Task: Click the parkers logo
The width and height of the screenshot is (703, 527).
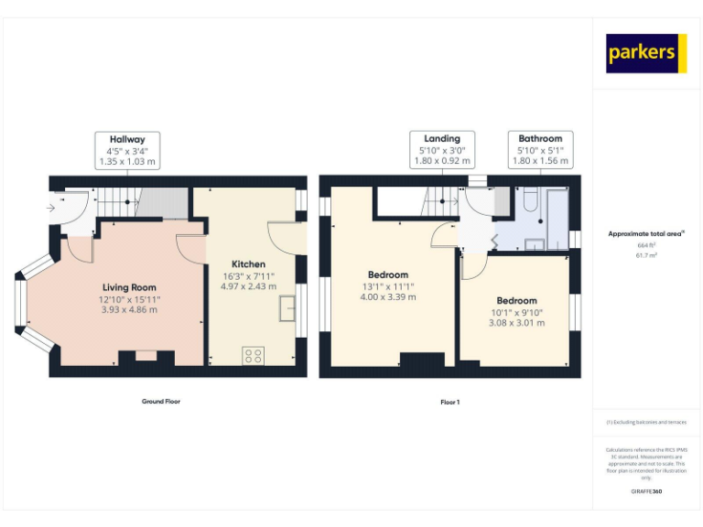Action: (646, 53)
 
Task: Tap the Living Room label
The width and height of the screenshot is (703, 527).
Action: (128, 287)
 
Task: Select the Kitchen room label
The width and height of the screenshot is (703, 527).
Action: (248, 264)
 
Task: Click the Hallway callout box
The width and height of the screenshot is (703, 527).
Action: (127, 150)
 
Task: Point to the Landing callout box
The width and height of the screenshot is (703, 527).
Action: (441, 150)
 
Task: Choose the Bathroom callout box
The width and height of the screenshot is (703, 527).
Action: (540, 150)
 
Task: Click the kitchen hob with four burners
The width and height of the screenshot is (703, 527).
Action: (254, 356)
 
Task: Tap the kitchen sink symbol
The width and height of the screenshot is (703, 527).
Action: (288, 308)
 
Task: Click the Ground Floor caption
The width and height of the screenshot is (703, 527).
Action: (161, 401)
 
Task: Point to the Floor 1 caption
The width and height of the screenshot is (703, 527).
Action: (449, 402)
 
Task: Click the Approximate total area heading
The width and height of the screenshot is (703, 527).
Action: (646, 234)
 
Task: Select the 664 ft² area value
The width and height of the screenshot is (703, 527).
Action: (646, 245)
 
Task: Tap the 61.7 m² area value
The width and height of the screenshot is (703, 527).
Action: (646, 255)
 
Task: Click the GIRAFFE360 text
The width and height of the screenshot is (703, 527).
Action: (646, 491)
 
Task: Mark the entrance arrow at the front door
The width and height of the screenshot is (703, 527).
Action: (51, 208)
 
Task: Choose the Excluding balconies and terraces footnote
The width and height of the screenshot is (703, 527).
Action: (646, 423)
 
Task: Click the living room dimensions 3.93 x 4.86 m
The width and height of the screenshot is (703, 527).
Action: (128, 309)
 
